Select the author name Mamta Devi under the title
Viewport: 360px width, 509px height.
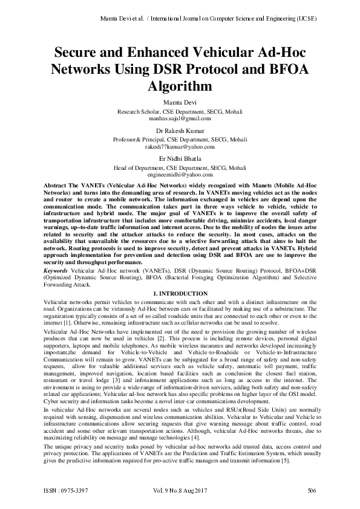(x=180, y=103)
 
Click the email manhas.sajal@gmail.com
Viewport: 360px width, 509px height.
(x=180, y=120)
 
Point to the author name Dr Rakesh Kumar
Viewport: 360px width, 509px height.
(x=180, y=131)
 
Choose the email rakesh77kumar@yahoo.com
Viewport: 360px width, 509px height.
(x=180, y=147)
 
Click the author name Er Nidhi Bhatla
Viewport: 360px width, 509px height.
(x=180, y=158)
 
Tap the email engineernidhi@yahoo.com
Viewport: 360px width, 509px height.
(x=180, y=174)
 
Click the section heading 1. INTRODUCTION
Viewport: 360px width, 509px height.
(x=180, y=294)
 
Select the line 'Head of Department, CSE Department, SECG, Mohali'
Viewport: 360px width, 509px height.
(x=180, y=167)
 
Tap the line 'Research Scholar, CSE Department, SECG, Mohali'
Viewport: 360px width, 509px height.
(x=180, y=112)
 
